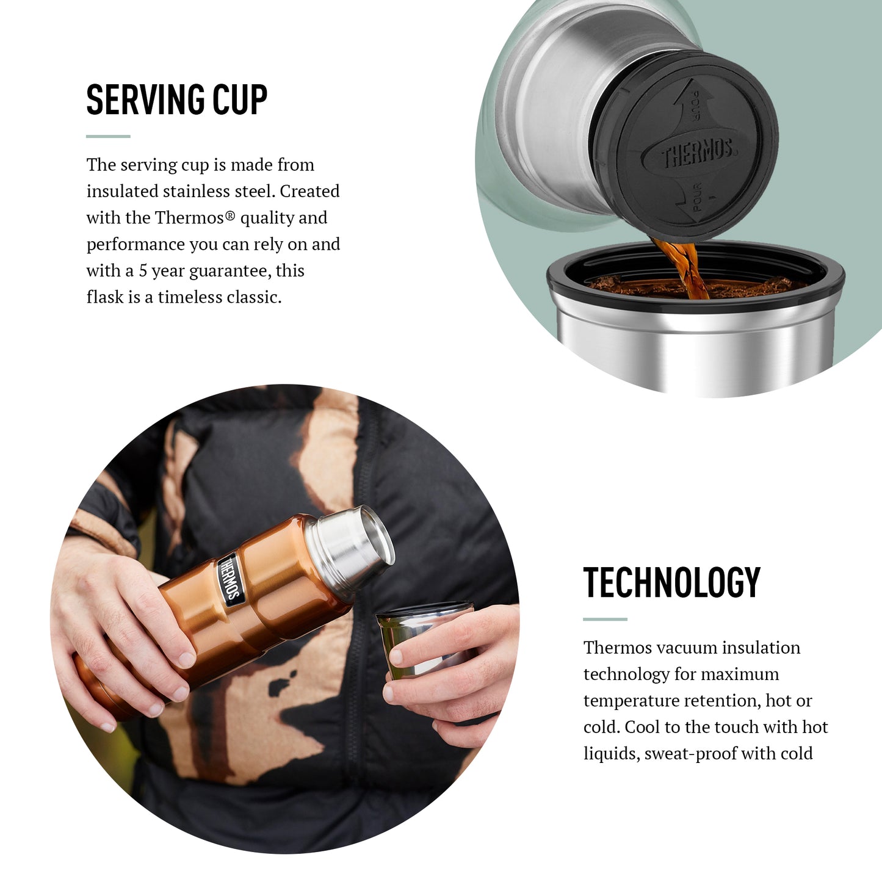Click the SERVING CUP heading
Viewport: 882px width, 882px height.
pos(176,99)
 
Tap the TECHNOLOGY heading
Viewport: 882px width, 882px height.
pos(671,582)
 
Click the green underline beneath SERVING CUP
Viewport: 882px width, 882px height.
pos(108,136)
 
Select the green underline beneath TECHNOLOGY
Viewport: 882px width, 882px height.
pos(605,620)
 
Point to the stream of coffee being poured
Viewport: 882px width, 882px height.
pos(682,269)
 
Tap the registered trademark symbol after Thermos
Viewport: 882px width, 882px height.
pos(230,214)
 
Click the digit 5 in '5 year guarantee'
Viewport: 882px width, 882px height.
pos(143,270)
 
